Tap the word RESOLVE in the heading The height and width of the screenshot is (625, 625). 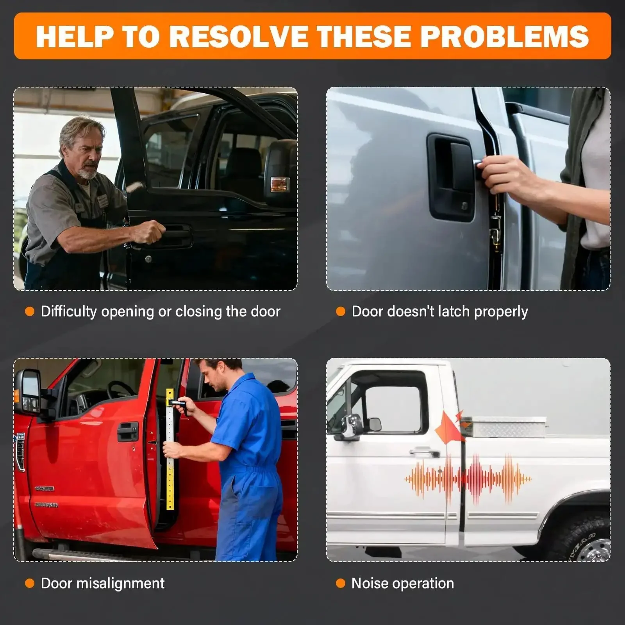coord(238,36)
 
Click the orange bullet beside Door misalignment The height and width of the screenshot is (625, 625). coord(30,584)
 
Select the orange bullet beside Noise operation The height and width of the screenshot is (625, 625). coord(341,584)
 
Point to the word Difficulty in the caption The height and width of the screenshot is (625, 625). coord(69,312)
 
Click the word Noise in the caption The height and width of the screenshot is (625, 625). coord(370,583)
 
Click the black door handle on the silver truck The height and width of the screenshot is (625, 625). coord(452,178)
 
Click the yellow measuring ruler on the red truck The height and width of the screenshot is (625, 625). coord(170,449)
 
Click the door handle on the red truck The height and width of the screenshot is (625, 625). coord(128,431)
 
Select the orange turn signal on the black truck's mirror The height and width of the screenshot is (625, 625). coord(280,184)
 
